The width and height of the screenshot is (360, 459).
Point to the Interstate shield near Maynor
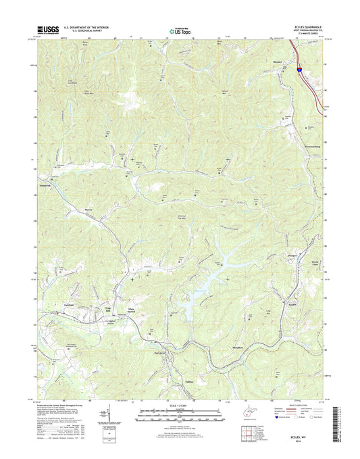(297, 68)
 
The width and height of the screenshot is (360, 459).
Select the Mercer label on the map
(88, 218)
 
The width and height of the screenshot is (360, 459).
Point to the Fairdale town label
(59, 305)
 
